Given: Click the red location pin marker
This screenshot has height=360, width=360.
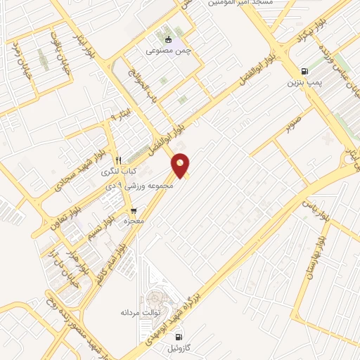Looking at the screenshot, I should (x=181, y=165).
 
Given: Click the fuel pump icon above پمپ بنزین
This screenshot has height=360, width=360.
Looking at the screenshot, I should (x=304, y=71).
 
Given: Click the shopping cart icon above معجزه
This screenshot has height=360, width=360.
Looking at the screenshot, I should (x=134, y=210).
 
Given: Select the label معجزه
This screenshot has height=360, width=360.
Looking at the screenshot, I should (x=134, y=221).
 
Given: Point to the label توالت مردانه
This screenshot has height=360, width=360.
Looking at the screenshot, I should (x=141, y=311).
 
